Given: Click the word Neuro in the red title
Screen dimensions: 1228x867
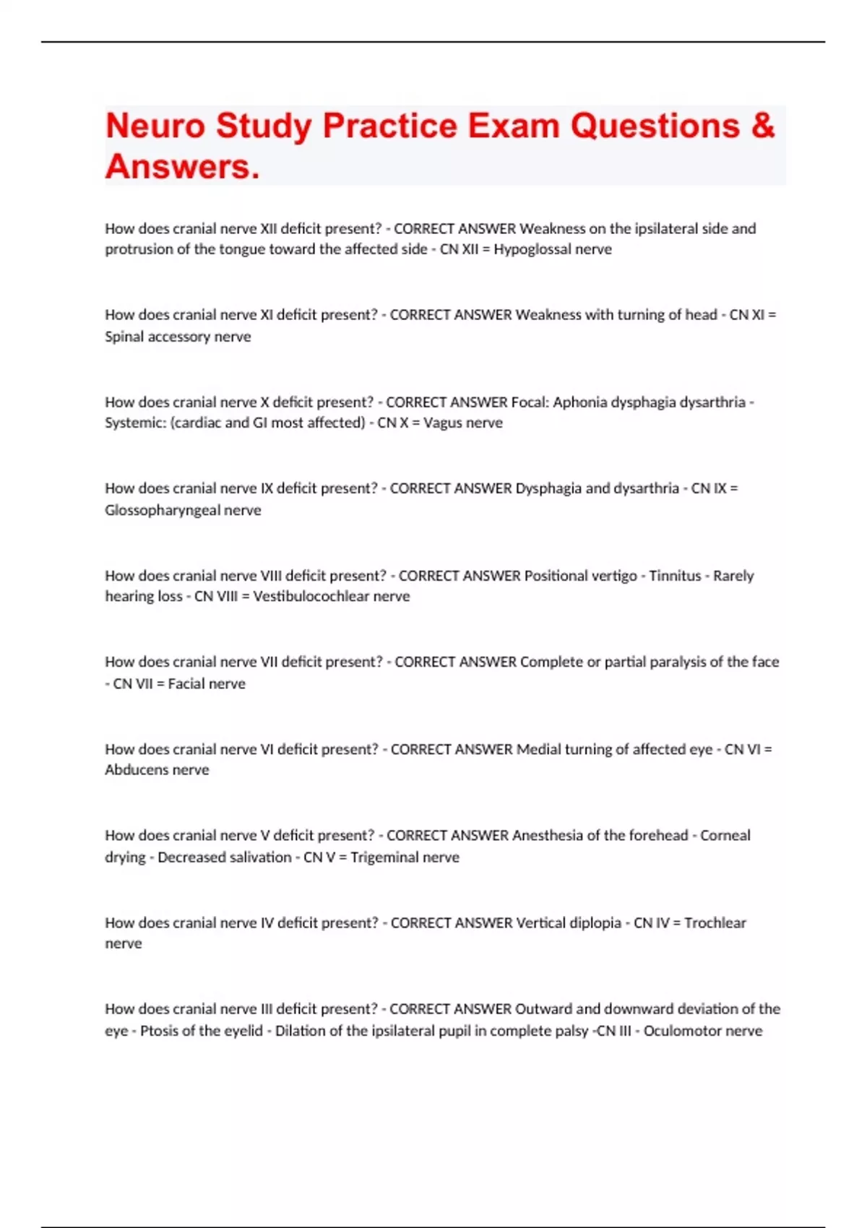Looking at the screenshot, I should pyautogui.click(x=155, y=126).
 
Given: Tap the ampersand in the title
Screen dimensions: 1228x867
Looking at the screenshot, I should pyautogui.click(x=762, y=126).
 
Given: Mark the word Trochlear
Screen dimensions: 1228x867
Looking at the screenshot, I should pyautogui.click(x=715, y=922).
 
